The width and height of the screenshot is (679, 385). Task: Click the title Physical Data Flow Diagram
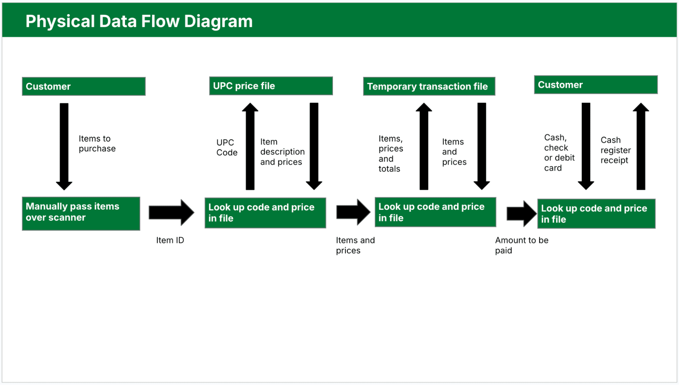pyautogui.click(x=139, y=21)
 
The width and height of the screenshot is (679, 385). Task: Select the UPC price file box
pyautogui.click(x=271, y=86)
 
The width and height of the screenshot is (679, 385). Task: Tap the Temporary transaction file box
pyautogui.click(x=429, y=86)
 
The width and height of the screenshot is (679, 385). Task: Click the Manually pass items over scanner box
pyautogui.click(x=81, y=213)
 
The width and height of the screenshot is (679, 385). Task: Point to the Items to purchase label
pyautogui.click(x=97, y=144)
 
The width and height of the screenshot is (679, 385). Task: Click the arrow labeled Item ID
pyautogui.click(x=171, y=213)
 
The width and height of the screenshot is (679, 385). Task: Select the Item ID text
pyautogui.click(x=170, y=240)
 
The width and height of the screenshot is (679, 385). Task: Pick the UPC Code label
pyautogui.click(x=227, y=147)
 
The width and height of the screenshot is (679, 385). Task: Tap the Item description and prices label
pyautogui.click(x=282, y=152)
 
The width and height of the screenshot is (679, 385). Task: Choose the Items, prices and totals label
pyautogui.click(x=391, y=153)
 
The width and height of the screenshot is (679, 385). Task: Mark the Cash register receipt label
pyautogui.click(x=615, y=150)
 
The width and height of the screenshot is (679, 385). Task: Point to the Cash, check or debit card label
pyautogui.click(x=559, y=153)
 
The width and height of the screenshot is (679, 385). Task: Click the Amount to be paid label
pyautogui.click(x=521, y=245)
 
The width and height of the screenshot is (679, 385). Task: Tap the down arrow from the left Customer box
pyautogui.click(x=64, y=146)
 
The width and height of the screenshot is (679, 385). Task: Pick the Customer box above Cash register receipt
pyautogui.click(x=595, y=85)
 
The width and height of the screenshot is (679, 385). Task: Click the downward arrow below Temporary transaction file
pyautogui.click(x=481, y=146)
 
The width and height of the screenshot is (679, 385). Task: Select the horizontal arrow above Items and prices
pyautogui.click(x=353, y=212)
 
